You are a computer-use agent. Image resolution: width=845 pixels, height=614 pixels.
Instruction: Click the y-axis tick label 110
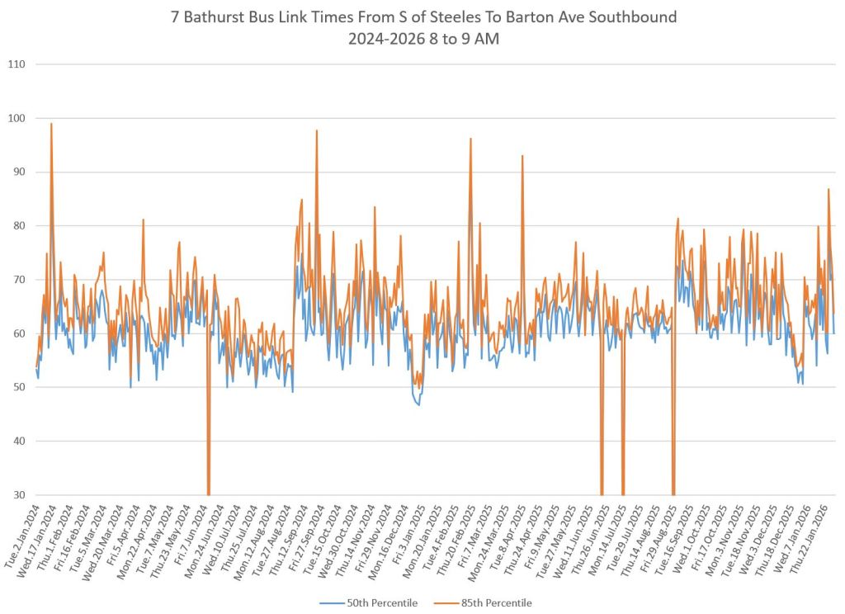(16, 64)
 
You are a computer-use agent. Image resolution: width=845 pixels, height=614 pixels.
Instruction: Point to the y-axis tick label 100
(16, 118)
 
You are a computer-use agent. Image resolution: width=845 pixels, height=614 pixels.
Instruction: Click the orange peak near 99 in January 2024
(51, 125)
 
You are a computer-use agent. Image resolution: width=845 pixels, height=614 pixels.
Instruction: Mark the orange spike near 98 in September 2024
(316, 131)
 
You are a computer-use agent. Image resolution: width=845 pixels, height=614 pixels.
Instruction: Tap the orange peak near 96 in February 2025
(470, 139)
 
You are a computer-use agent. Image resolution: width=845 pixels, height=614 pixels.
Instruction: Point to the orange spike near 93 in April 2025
(522, 157)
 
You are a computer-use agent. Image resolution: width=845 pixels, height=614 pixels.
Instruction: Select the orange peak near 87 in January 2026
(828, 191)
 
